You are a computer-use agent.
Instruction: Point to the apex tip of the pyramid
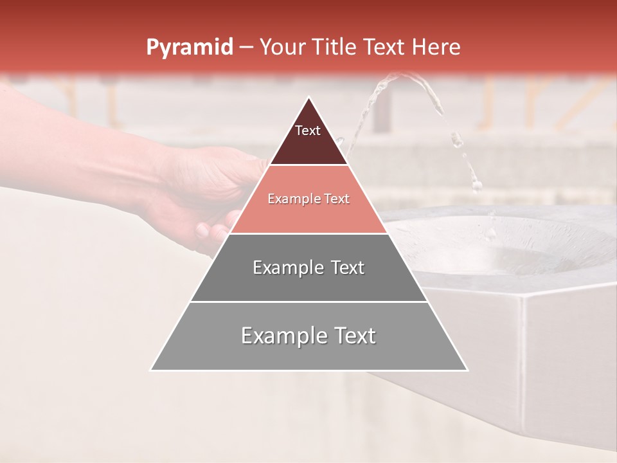coord(308,98)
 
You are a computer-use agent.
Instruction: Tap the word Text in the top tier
coord(308,131)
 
